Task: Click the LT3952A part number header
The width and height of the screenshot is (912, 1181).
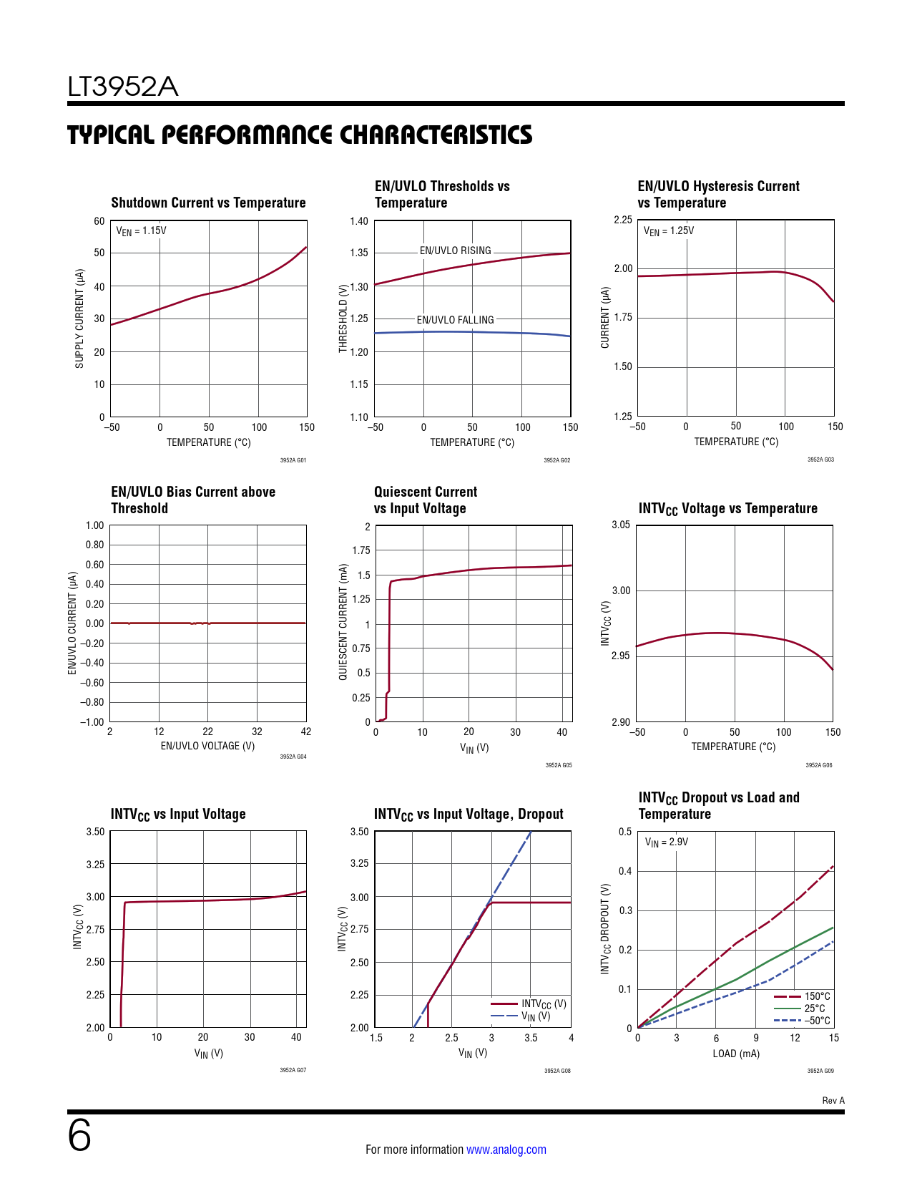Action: pos(122,87)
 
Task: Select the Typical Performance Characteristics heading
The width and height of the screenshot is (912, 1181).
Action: pos(300,135)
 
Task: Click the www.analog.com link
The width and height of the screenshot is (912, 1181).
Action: pos(506,1150)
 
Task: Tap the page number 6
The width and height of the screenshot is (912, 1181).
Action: pos(79,1136)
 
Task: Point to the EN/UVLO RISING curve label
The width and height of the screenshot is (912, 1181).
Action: pos(455,251)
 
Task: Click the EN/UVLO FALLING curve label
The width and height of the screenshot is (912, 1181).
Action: pos(455,320)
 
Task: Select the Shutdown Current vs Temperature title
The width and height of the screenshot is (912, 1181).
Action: pos(208,203)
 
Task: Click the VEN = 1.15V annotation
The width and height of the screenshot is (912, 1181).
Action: pos(141,230)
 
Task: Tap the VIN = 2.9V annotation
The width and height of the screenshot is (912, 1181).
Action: pos(666,842)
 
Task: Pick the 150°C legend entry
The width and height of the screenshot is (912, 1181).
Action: pos(817,996)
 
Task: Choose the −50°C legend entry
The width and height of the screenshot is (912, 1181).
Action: pos(817,1021)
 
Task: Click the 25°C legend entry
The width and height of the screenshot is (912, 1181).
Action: pos(814,1009)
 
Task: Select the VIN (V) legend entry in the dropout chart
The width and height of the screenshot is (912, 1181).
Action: pos(535,1016)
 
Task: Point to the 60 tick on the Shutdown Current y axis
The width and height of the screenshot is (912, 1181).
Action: pos(99,221)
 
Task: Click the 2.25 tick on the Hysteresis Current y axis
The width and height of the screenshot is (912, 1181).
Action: pos(623,220)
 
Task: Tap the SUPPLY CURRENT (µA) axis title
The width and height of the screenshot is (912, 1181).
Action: pos(79,319)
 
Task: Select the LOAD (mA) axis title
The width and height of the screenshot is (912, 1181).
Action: pos(736,1054)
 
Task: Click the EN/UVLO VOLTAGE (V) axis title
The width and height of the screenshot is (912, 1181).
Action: pos(207,746)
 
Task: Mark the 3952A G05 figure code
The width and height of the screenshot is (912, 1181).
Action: pos(559,765)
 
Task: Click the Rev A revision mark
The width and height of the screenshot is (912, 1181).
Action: pos(833,1100)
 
